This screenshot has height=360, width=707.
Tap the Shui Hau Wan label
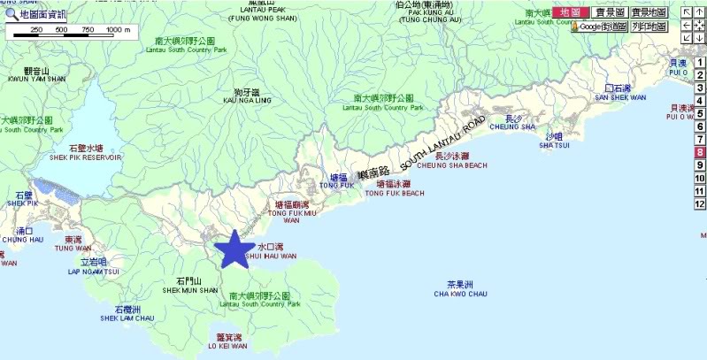coord(276,251)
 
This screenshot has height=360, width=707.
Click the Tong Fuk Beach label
coord(395,188)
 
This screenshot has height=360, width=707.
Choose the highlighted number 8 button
coord(699,152)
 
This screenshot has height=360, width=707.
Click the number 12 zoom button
coord(699,203)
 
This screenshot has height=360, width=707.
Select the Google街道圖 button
coord(599,27)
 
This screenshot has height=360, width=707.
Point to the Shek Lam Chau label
coord(127,313)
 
